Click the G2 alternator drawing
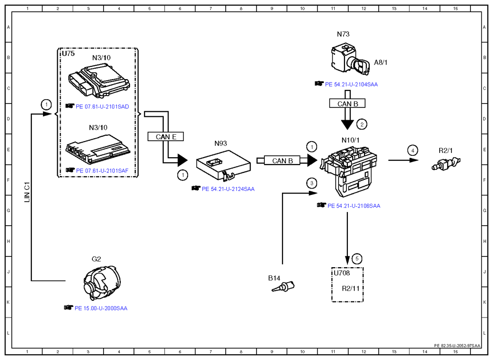coord(102,283)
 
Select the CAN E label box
coord(166,137)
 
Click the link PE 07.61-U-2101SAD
coord(102,106)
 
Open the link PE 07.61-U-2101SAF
coord(102,171)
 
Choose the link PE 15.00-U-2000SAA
coord(101,308)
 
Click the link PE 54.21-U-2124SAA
coord(228,189)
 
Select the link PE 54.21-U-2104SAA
coord(351,85)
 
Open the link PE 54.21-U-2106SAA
coord(354,206)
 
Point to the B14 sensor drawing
coord(283,287)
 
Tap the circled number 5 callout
coord(357,259)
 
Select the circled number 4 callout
coord(413,150)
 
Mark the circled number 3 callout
coord(312,183)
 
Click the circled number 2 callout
coord(362,124)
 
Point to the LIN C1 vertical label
coord(27,192)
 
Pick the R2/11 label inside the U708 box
coord(350,288)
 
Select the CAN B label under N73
coord(347,104)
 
